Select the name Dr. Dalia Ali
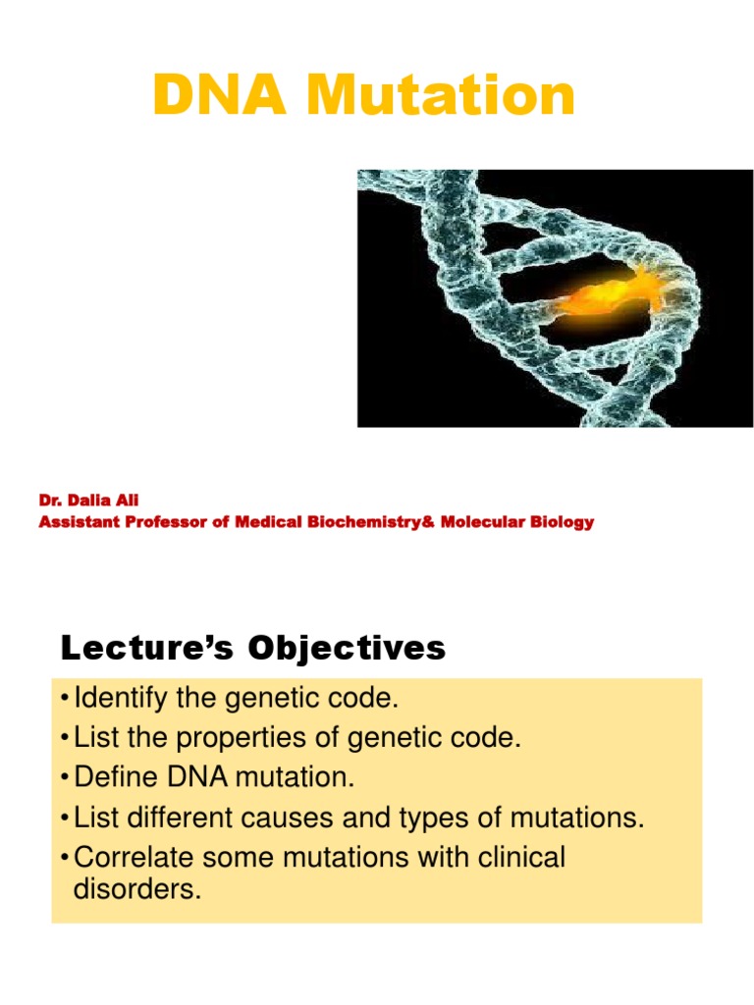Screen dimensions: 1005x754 (x=88, y=502)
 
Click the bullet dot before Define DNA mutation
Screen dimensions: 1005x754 (x=65, y=779)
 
